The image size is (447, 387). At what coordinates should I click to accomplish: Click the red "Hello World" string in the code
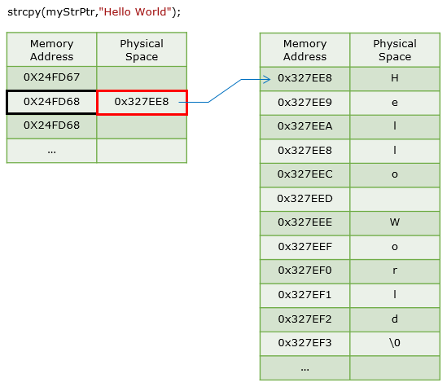click(x=135, y=11)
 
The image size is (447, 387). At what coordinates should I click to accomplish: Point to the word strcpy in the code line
click(x=24, y=12)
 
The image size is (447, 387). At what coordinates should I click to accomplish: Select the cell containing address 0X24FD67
click(x=51, y=77)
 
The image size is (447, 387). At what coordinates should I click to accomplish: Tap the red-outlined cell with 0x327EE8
click(x=142, y=103)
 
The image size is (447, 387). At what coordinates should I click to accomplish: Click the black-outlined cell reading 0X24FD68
click(x=51, y=102)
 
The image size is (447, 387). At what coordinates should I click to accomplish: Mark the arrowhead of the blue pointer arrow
click(x=267, y=79)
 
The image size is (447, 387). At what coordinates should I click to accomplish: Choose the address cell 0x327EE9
click(x=305, y=103)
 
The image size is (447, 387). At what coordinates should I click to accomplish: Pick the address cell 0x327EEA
click(x=305, y=127)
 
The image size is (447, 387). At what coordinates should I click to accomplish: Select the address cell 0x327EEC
click(x=305, y=175)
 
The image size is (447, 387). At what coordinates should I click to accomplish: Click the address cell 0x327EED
click(x=305, y=199)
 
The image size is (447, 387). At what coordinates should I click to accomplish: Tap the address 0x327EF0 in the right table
click(x=305, y=270)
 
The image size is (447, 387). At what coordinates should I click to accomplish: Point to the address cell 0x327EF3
click(x=305, y=344)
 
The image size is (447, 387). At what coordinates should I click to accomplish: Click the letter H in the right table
click(x=395, y=78)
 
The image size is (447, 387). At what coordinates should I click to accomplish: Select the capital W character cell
click(x=395, y=223)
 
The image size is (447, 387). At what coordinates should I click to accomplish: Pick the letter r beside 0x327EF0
click(x=395, y=270)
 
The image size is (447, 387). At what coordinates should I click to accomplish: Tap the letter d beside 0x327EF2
click(x=395, y=319)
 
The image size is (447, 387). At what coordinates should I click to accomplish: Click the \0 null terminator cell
click(x=395, y=344)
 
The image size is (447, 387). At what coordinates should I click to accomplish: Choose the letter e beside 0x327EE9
click(x=395, y=103)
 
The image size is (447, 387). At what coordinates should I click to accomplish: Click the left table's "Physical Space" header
click(x=142, y=51)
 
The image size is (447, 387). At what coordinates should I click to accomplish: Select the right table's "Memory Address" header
click(x=305, y=51)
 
